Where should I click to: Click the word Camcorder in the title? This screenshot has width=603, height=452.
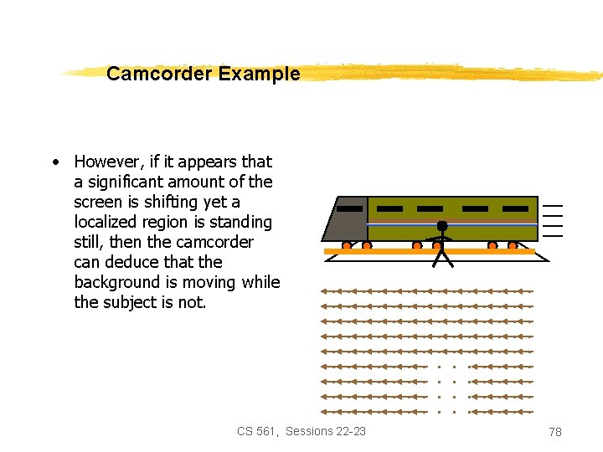coord(159,74)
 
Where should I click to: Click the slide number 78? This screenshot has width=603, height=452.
coord(554,432)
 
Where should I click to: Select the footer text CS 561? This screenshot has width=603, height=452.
coord(257,431)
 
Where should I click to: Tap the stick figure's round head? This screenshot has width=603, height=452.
coord(442,226)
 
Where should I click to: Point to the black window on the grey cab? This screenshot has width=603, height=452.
coord(350,208)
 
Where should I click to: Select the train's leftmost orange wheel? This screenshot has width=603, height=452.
coord(347,246)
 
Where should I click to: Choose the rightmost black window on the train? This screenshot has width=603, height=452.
coord(516,208)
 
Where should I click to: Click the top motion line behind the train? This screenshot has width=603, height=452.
coord(553,206)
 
